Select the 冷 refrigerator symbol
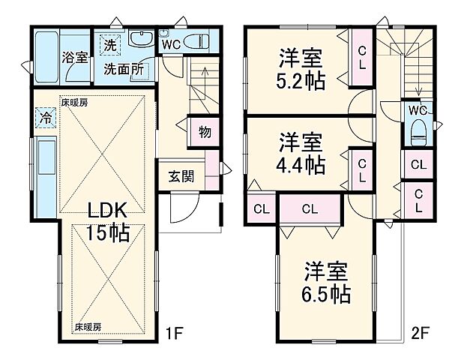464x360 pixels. [x=44, y=118]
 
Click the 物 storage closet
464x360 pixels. [x=204, y=132]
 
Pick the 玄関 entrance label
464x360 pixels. [x=181, y=177]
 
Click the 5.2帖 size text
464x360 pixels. [x=304, y=81]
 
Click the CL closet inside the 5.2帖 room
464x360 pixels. [x=361, y=57]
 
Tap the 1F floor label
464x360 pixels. [x=175, y=330]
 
